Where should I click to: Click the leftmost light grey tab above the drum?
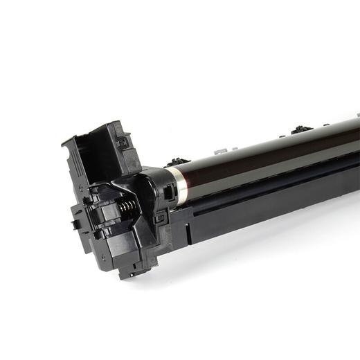[x=220, y=150]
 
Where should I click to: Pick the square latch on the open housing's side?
[x=122, y=143]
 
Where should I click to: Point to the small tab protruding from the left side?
[x=74, y=224]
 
